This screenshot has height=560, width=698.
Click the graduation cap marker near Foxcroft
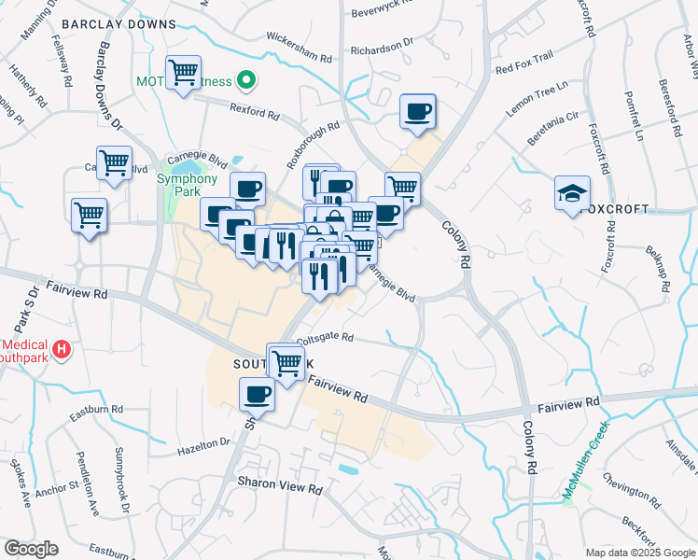click(572, 192)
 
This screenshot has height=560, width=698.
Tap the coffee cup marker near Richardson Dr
click(417, 112)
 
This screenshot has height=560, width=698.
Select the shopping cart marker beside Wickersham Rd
click(184, 72)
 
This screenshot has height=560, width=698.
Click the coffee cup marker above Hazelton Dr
click(257, 394)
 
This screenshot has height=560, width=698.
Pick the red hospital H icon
click(62, 350)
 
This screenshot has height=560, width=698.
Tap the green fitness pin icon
click(245, 81)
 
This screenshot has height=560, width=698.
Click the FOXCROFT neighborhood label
click(613, 209)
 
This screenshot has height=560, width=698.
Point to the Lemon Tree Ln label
click(537, 98)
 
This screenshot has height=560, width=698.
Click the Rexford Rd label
click(256, 115)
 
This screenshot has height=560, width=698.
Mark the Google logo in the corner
click(31, 549)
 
